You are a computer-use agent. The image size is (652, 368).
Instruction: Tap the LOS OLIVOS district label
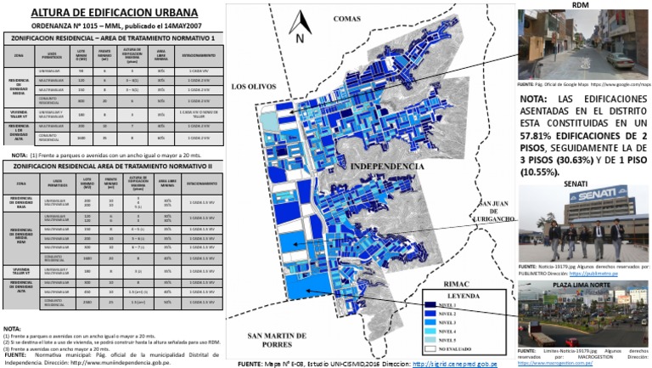click(x=255, y=87)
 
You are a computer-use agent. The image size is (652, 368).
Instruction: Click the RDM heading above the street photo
click(x=581, y=5)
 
